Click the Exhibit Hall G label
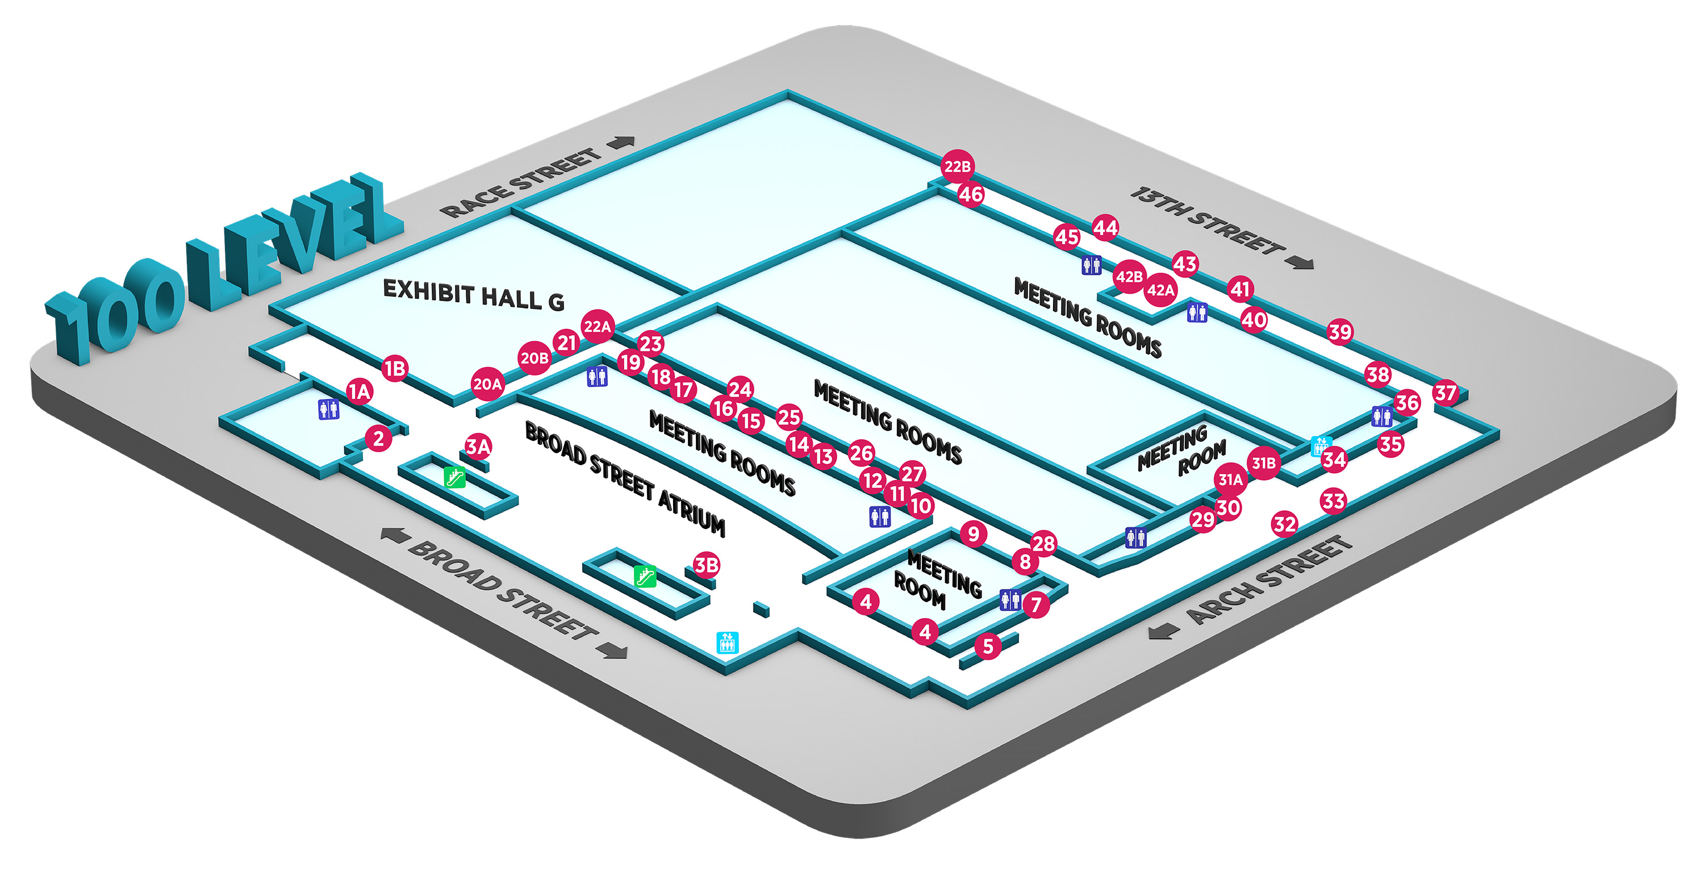(474, 295)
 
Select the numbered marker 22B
(957, 166)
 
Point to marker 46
(970, 194)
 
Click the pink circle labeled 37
(1446, 393)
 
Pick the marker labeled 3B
(707, 565)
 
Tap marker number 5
(988, 646)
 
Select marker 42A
(1160, 290)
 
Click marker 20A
(487, 383)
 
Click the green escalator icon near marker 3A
(455, 477)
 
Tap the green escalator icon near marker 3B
(645, 575)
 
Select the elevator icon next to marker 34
(1321, 446)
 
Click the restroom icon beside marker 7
(1010, 599)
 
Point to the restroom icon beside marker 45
(1092, 265)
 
